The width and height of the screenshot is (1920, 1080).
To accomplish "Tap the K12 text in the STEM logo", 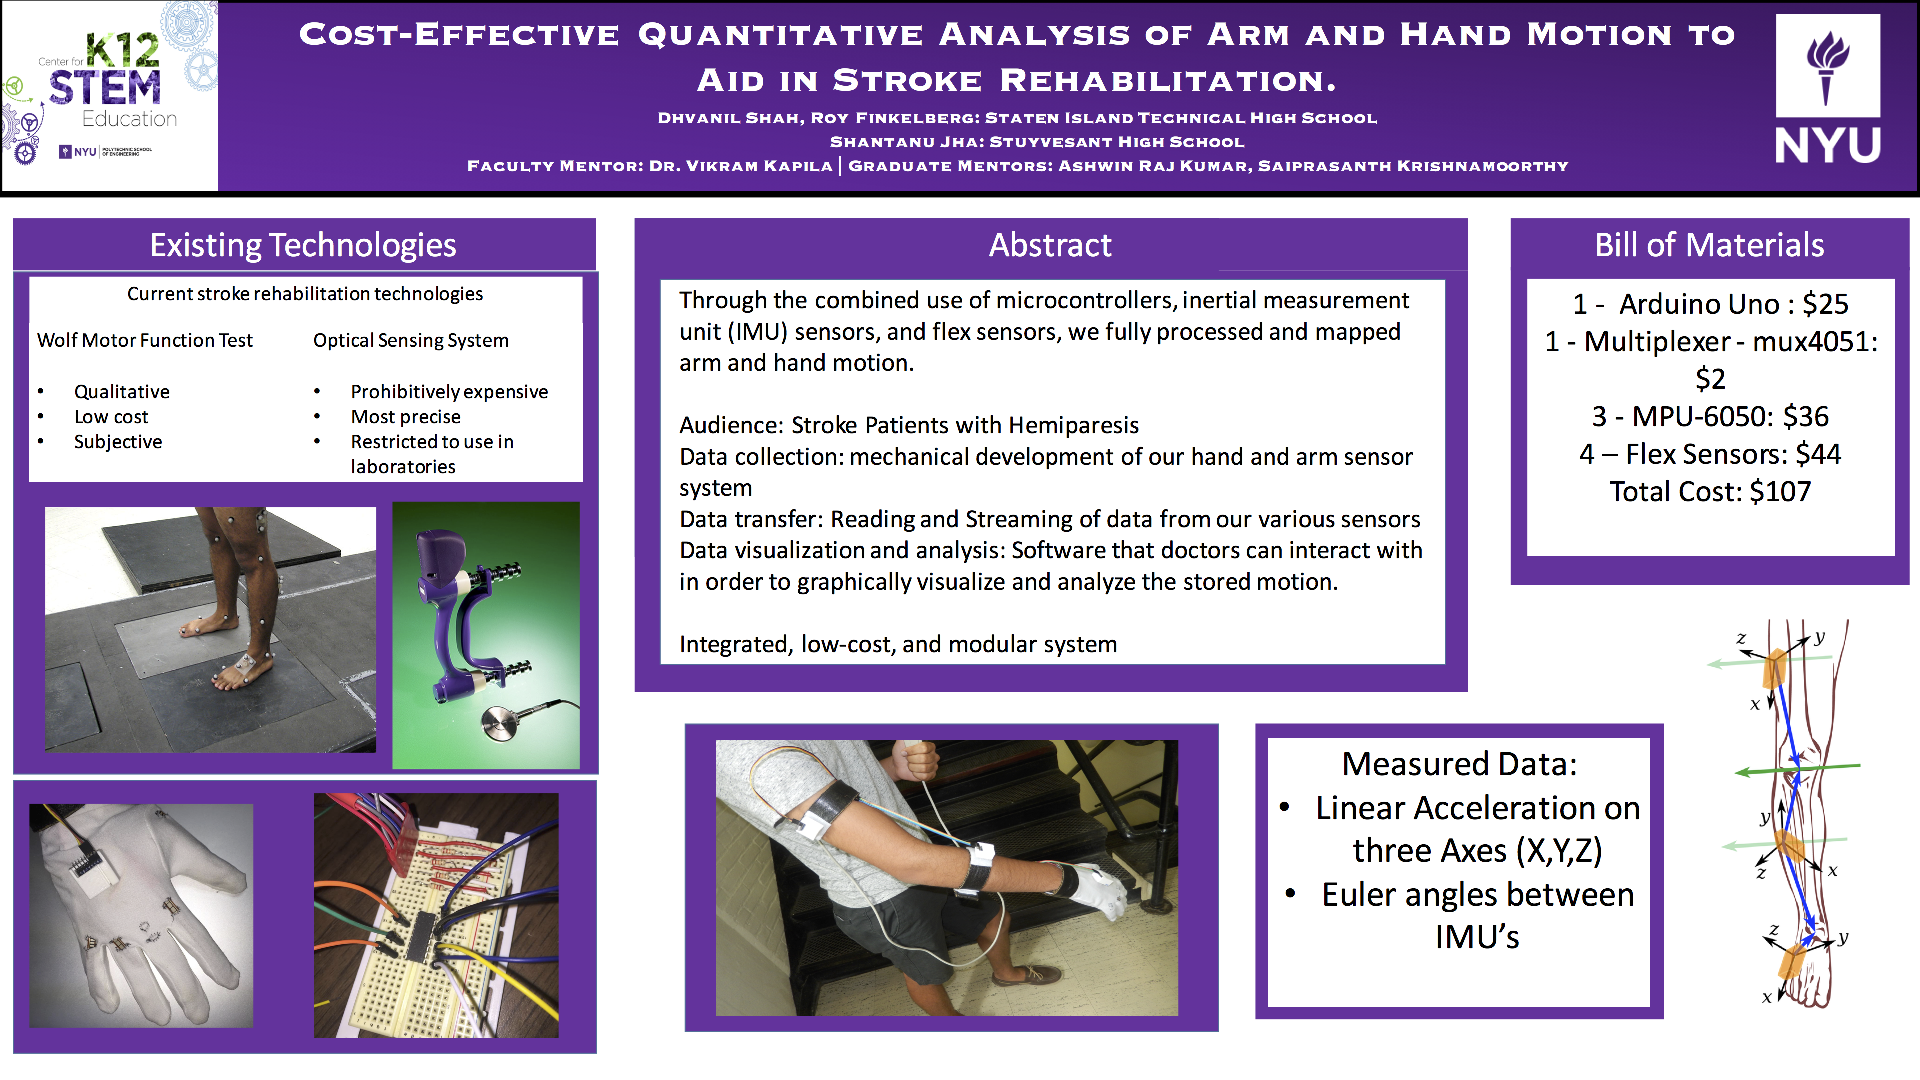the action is point(123,50).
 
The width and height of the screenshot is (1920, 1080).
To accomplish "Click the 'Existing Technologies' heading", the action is point(303,245).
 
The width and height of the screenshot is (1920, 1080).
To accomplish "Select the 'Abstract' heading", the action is point(1050,245).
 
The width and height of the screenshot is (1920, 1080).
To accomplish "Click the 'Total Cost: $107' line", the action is point(1710,492).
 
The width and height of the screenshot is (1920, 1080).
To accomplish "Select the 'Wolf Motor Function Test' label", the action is point(145,340).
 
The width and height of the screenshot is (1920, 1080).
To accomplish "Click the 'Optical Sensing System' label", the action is point(411,340).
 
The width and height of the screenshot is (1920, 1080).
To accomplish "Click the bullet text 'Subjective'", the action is point(118,442).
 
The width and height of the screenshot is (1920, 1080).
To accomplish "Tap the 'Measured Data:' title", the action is point(1459,764).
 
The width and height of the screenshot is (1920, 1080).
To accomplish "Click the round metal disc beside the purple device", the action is point(501,723).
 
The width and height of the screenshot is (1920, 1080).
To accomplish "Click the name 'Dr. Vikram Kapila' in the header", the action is point(741,166).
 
